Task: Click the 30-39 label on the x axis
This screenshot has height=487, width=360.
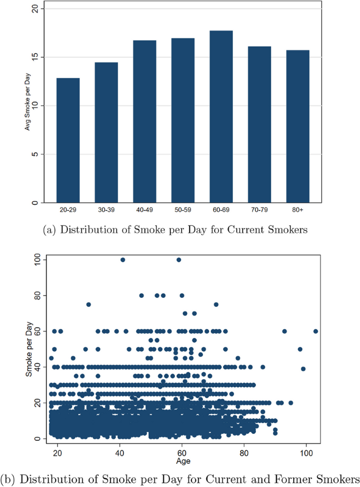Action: pyautogui.click(x=106, y=210)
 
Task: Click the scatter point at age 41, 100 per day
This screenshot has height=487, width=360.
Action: pyautogui.click(x=122, y=260)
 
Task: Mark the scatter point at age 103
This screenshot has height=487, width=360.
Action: pyautogui.click(x=316, y=331)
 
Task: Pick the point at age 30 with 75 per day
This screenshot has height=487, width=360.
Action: pyautogui.click(x=89, y=304)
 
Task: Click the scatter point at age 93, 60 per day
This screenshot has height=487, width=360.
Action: pyautogui.click(x=284, y=331)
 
